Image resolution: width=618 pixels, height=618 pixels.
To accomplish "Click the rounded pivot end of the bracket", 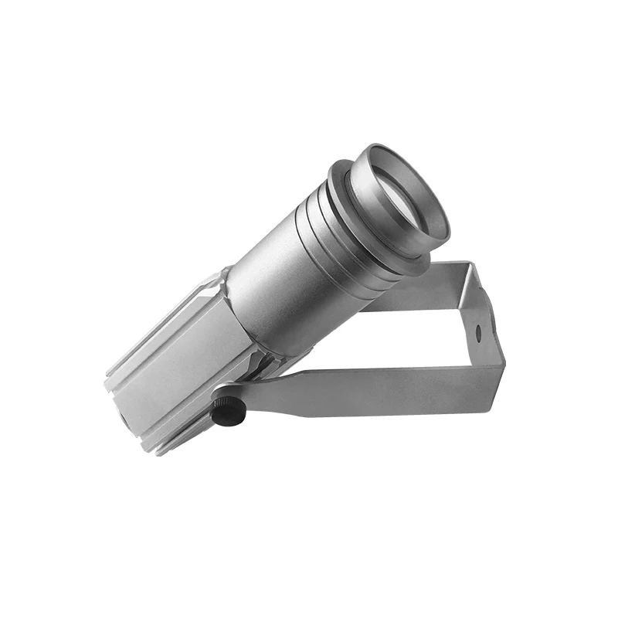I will [x=232, y=396].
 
